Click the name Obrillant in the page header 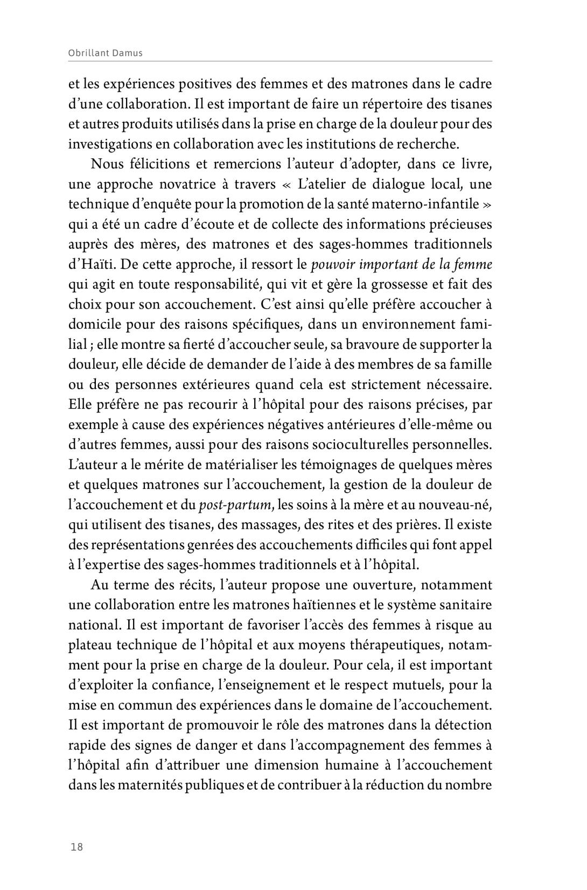point(89,53)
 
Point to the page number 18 point(77,847)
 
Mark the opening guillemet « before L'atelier point(286,184)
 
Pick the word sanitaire point(466,605)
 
